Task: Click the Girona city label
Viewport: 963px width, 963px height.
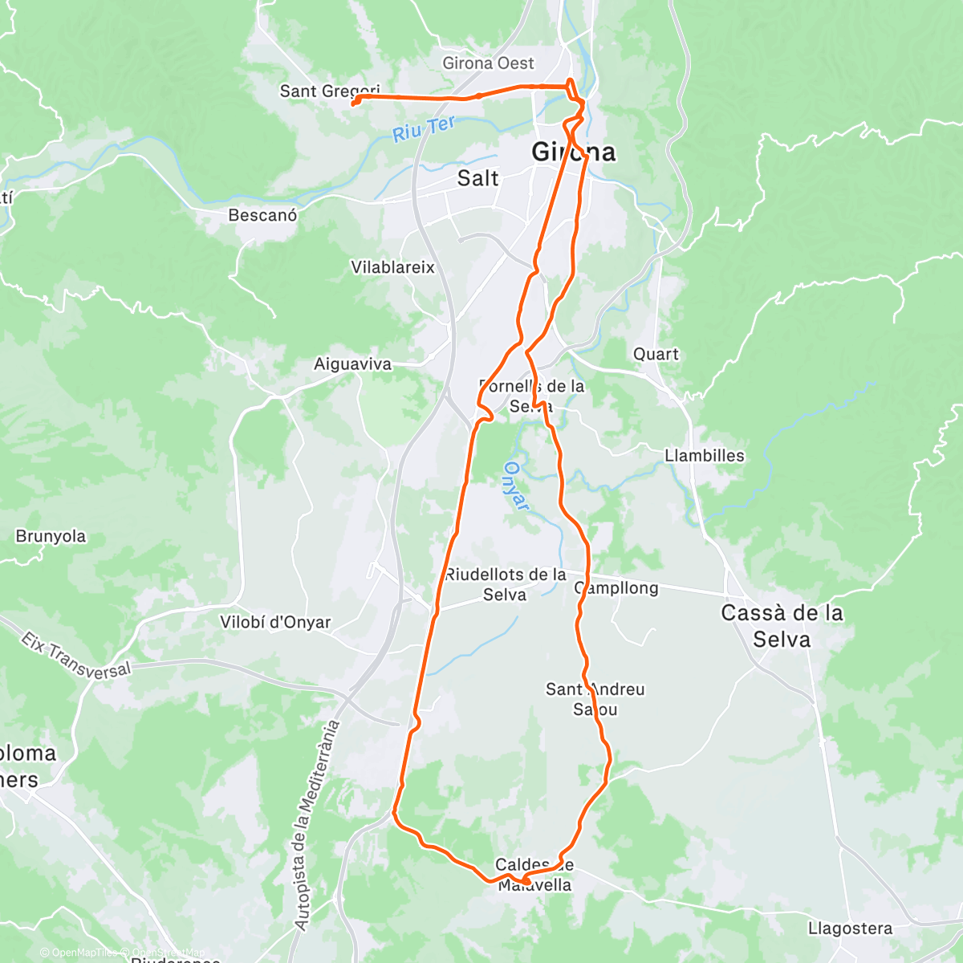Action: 575,152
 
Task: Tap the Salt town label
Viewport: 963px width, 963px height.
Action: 477,178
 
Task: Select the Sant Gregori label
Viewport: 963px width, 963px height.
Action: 329,91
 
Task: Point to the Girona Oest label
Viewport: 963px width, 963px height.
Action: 488,63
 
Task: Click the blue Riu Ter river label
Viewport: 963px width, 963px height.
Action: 424,128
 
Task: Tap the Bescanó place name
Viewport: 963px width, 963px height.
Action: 262,215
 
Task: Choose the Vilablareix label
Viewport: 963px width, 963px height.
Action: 392,267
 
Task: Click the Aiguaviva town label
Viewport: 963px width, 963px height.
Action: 352,364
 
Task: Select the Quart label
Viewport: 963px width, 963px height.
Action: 656,354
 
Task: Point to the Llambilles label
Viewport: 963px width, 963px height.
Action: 704,456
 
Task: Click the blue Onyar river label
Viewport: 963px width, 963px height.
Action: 518,486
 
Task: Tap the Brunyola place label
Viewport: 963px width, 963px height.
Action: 51,536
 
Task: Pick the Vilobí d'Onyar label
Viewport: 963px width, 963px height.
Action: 275,622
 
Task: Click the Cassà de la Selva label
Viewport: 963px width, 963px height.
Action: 782,626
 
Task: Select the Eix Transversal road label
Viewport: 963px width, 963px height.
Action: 75,655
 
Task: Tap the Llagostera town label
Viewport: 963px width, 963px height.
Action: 850,928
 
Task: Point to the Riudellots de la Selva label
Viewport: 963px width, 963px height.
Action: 505,584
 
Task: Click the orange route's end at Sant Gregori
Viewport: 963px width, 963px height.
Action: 354,102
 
